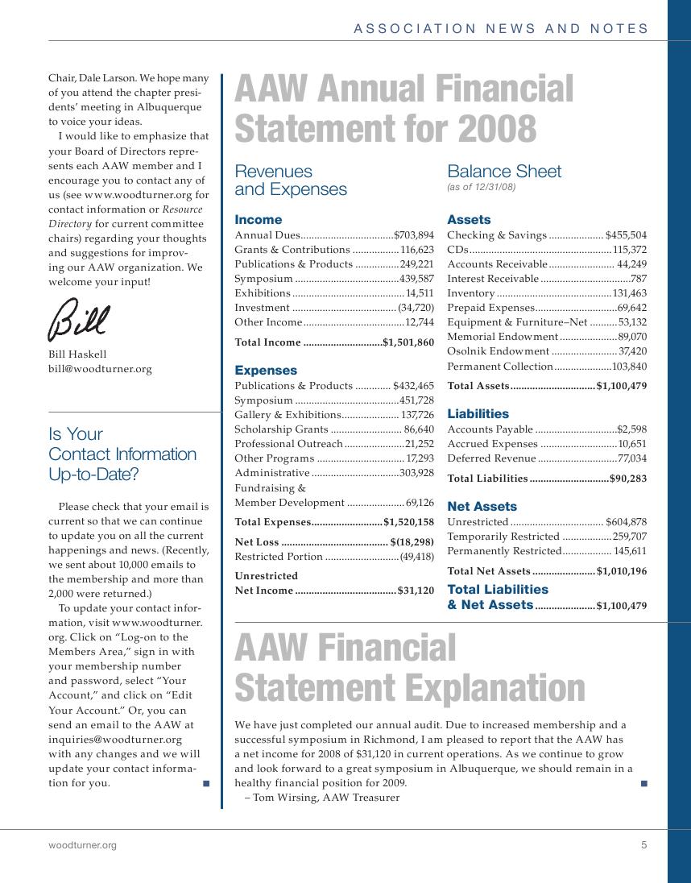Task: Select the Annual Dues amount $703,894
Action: pos(414,235)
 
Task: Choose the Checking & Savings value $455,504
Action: pos(626,235)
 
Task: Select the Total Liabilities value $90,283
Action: pos(627,479)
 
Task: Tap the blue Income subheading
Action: pos(258,219)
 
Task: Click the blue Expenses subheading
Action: pos(266,371)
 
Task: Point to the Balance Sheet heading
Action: pos(504,172)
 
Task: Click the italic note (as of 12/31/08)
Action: pos(481,187)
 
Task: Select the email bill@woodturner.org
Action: pos(100,369)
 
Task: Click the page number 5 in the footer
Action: pos(644,845)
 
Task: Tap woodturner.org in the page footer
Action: pos(82,845)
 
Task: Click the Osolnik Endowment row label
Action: pos(498,351)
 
